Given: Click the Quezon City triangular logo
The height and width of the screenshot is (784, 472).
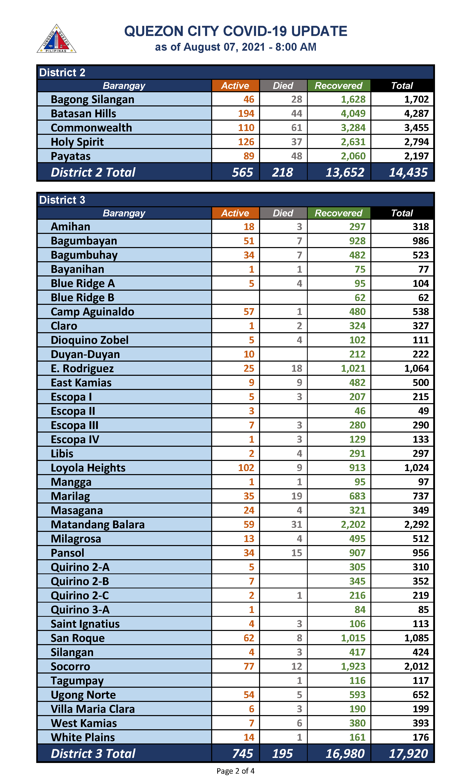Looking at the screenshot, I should tap(56, 39).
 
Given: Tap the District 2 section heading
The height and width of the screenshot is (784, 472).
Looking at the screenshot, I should tap(62, 72).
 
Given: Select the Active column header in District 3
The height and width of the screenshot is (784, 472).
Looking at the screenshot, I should tap(235, 213).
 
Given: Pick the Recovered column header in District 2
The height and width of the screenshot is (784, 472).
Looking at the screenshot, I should tap(338, 86).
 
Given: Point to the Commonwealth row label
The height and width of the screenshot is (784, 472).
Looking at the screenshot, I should tap(91, 128).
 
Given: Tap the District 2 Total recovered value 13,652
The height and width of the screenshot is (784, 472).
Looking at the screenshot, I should tap(345, 172).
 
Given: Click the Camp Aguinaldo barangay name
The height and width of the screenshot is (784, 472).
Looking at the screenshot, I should tap(92, 312).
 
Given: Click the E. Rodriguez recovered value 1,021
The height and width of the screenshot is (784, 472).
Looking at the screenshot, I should tap(353, 368).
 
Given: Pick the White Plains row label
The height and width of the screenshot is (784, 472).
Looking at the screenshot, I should tap(83, 737).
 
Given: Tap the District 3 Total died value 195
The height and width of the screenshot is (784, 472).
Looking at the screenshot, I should tap(282, 754).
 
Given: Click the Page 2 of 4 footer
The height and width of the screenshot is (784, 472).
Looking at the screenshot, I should tap(235, 771).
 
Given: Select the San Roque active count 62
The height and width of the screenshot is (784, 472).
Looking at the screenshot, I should tap(249, 638).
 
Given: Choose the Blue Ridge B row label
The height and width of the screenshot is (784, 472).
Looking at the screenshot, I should tap(82, 297).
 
